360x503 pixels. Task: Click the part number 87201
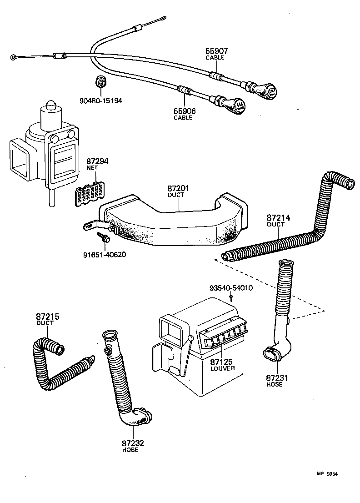(178, 188)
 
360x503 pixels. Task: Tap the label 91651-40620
(104, 254)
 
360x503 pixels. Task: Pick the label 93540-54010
(231, 288)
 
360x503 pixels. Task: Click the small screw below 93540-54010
(231, 298)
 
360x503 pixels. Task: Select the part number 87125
(221, 362)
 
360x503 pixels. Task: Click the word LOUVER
(222, 368)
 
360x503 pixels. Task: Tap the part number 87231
(277, 378)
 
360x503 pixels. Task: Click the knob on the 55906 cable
(236, 106)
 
